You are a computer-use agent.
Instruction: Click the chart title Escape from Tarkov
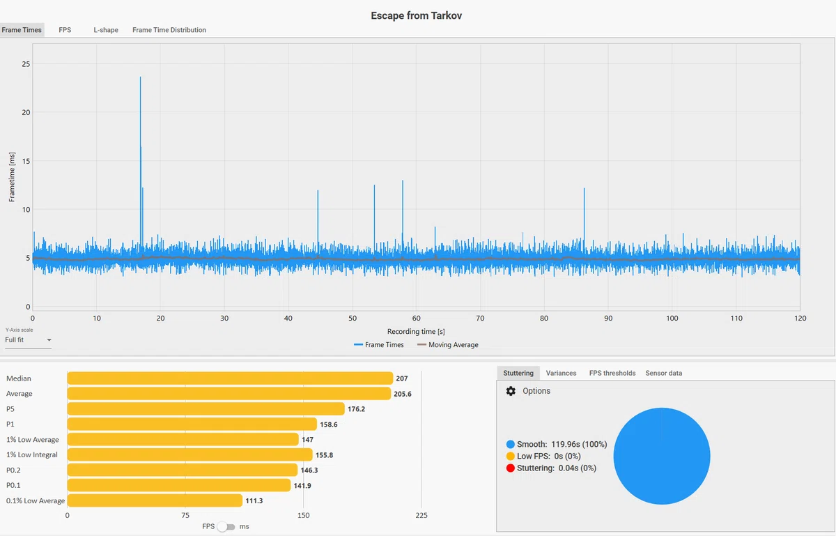pos(416,16)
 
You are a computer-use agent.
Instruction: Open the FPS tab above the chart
pos(65,30)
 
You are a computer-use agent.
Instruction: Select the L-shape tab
pos(106,30)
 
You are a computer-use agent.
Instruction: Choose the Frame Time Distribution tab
pos(169,30)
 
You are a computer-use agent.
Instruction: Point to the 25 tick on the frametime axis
pos(26,64)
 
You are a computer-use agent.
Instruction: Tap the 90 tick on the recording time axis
pos(608,319)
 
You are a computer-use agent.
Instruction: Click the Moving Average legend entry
pos(448,345)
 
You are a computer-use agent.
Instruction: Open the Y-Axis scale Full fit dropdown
pos(28,340)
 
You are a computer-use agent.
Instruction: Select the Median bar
pos(230,378)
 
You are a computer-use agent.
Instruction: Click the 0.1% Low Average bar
pos(155,500)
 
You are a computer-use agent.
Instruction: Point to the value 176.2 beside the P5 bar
pos(357,409)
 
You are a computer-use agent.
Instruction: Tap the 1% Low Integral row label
pos(32,454)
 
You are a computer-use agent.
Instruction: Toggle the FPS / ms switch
pos(226,527)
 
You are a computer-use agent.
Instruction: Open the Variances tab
pos(561,373)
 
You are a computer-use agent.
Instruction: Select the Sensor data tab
pos(663,373)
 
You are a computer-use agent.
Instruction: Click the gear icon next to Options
pos(511,391)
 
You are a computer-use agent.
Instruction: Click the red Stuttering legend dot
pos(510,468)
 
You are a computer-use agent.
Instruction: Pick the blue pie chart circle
pos(662,456)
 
